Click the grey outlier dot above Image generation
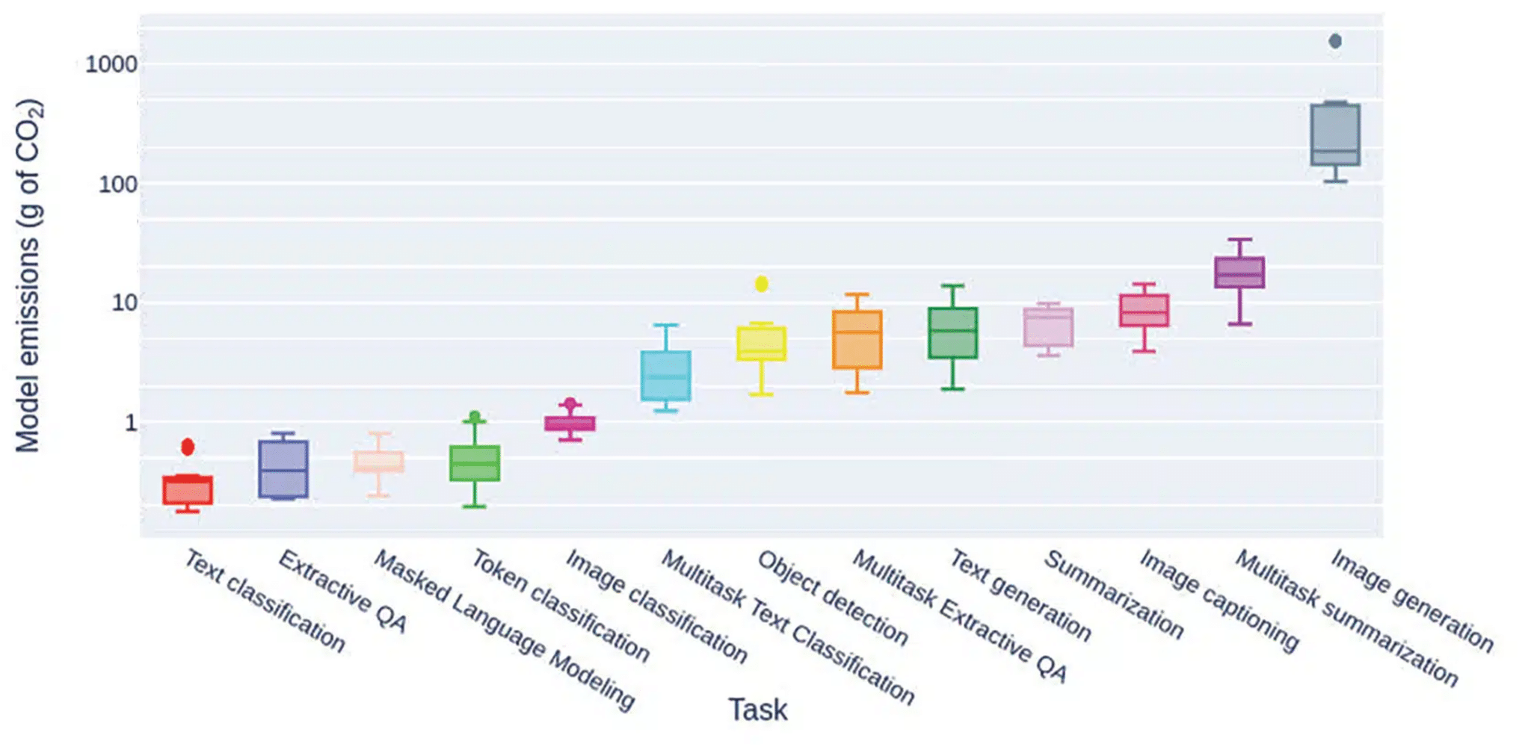tap(1335, 41)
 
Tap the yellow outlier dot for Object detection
tap(762, 284)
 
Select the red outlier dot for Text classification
tap(188, 447)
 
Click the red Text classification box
tap(188, 491)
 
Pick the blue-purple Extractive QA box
tap(283, 469)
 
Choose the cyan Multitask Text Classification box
tap(666, 376)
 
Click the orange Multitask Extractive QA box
tap(857, 340)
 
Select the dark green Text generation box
tap(953, 333)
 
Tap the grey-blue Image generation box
tap(1335, 135)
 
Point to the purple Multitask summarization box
tap(1239, 273)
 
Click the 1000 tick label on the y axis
tap(111, 64)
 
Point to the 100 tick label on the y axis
tap(118, 185)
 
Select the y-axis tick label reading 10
tap(125, 303)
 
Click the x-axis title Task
tap(758, 710)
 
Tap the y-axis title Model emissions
tap(28, 276)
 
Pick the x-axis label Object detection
tap(833, 598)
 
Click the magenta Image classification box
tap(570, 424)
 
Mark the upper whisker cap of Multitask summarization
tap(1239, 240)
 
